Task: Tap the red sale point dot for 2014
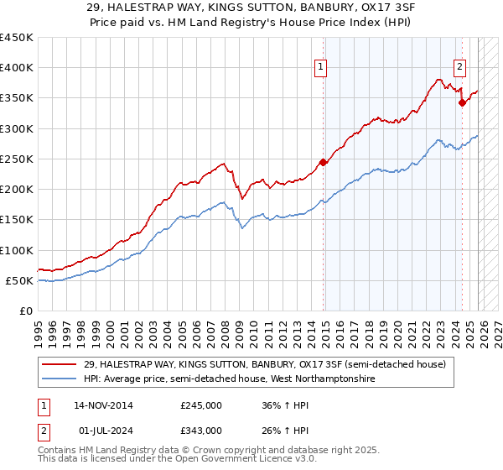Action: pos(324,163)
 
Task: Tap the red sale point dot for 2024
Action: pos(462,103)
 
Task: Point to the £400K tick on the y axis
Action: pos(17,68)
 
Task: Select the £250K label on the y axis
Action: pos(17,159)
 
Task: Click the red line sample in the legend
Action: pos(60,363)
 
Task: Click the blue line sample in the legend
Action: pos(60,379)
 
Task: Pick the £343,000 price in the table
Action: pos(200,430)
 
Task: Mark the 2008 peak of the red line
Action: pos(223,164)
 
